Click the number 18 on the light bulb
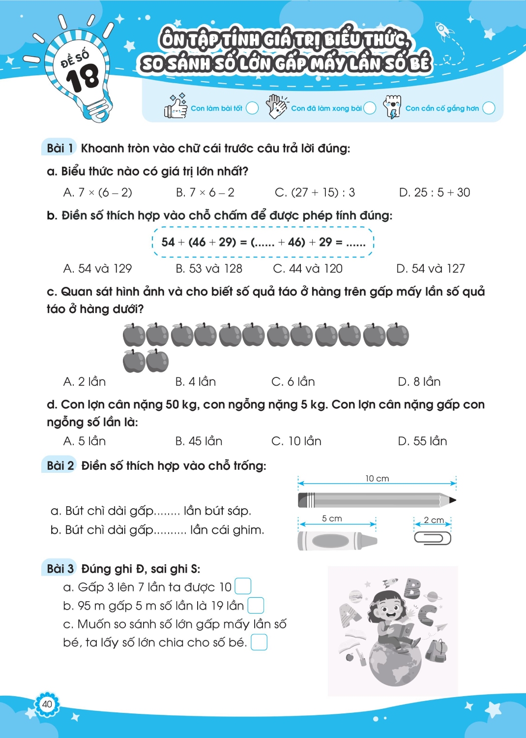pos(83,78)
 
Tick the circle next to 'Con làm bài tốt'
pos(252,108)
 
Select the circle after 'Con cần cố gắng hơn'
pos(489,108)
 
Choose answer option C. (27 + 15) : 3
pos(315,192)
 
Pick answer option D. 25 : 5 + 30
pos(434,192)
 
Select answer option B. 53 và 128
pos(209,269)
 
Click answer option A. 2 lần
pos(85,382)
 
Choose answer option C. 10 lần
pos(296,441)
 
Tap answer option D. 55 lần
pos(422,441)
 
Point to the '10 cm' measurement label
pos(377,479)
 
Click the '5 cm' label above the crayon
pos(332,519)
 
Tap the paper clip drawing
pos(433,538)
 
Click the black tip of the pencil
pos(452,500)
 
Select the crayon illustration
pos(337,541)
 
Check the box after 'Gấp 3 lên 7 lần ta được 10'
pos(243,586)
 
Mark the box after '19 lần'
pos(256,605)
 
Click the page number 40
pos(47,704)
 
